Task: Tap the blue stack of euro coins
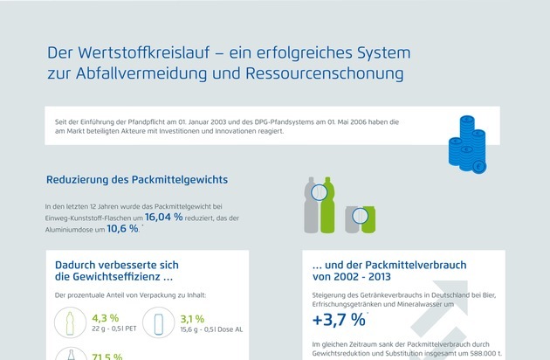[466, 142]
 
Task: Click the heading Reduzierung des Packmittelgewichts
[137, 180]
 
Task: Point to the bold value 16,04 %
[164, 216]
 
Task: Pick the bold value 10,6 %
[122, 229]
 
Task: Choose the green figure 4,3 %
[105, 317]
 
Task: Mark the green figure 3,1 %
[192, 317]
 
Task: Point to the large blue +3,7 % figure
[339, 321]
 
